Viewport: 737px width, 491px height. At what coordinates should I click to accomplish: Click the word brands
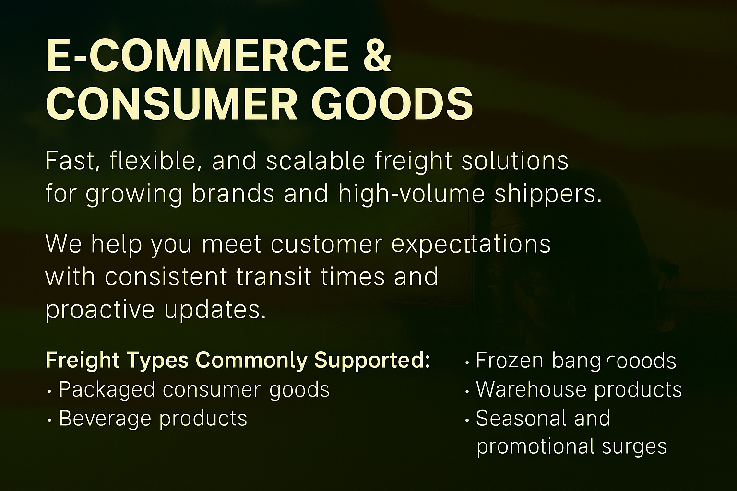[233, 194]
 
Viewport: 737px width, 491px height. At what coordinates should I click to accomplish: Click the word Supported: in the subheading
[372, 361]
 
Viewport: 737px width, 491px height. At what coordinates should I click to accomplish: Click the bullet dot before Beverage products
[50, 421]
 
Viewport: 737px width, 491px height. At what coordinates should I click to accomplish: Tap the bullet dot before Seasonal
[467, 421]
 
